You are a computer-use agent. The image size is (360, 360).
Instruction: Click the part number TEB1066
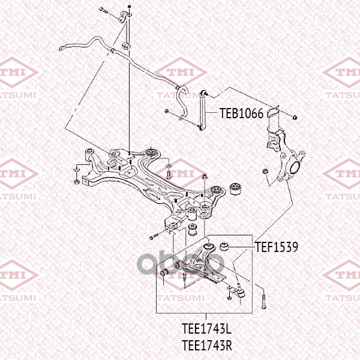click(241, 113)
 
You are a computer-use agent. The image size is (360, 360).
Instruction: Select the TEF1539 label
click(277, 247)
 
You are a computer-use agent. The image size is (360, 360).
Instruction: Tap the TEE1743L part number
click(206, 329)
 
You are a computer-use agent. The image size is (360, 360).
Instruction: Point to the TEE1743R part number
click(206, 345)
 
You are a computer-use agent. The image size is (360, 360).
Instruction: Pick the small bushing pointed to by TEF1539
click(224, 247)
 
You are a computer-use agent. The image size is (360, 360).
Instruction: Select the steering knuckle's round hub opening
click(295, 167)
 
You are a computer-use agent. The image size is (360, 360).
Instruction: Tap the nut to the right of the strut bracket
click(295, 117)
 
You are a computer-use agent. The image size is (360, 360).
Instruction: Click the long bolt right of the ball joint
click(263, 299)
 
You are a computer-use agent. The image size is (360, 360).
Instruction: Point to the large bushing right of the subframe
click(235, 189)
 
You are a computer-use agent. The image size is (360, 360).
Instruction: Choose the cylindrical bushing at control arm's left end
click(164, 273)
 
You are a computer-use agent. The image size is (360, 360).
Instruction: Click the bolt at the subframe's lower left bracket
click(154, 236)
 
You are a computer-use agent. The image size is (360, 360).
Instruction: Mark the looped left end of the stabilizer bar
click(62, 49)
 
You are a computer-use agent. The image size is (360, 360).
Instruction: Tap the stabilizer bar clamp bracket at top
click(125, 17)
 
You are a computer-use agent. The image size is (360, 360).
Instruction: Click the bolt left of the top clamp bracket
click(104, 10)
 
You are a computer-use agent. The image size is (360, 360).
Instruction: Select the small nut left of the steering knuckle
click(265, 171)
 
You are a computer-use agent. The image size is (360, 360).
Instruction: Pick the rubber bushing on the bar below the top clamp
click(126, 45)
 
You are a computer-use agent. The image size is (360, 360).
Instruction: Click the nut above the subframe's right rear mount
click(205, 177)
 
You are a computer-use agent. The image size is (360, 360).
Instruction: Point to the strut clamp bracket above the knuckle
click(273, 112)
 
